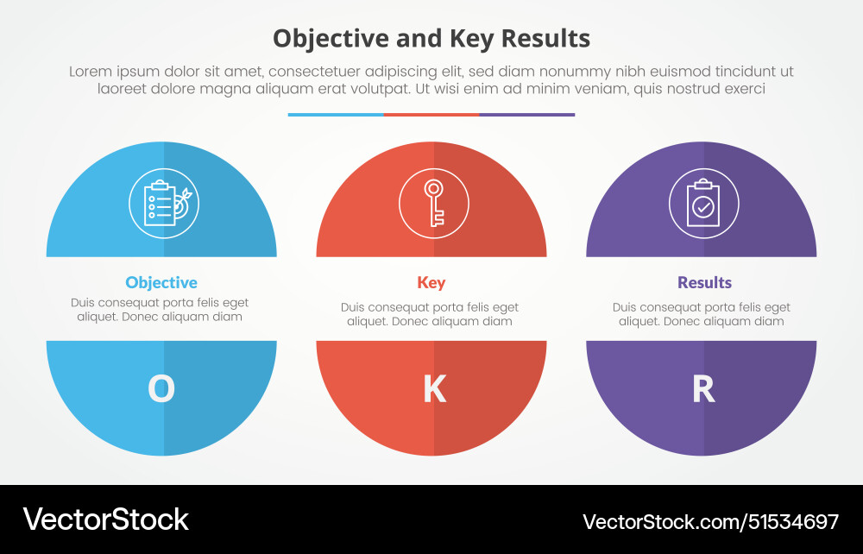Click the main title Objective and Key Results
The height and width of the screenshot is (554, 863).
click(x=431, y=38)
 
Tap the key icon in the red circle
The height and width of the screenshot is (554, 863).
click(x=433, y=204)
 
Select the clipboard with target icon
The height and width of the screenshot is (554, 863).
click(x=163, y=204)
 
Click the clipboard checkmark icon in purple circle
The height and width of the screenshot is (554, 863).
click(x=703, y=205)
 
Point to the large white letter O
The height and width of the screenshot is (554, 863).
click(x=161, y=389)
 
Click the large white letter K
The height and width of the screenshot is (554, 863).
click(x=433, y=389)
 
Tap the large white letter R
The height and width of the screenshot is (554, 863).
click(x=703, y=389)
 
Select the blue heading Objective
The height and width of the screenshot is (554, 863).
click(x=161, y=282)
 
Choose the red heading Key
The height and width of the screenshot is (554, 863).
click(x=431, y=282)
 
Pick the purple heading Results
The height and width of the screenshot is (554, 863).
click(x=704, y=282)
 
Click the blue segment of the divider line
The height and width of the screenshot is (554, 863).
click(x=336, y=114)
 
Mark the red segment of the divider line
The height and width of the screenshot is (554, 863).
click(x=431, y=114)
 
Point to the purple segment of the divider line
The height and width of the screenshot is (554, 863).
click(x=527, y=114)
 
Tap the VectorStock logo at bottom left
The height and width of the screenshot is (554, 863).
click(x=106, y=519)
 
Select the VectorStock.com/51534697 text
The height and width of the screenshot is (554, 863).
click(x=710, y=521)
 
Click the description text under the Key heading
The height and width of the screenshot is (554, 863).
click(x=430, y=314)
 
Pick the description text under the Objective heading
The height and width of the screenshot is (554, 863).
click(x=160, y=310)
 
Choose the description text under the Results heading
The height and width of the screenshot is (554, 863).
click(x=702, y=314)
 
